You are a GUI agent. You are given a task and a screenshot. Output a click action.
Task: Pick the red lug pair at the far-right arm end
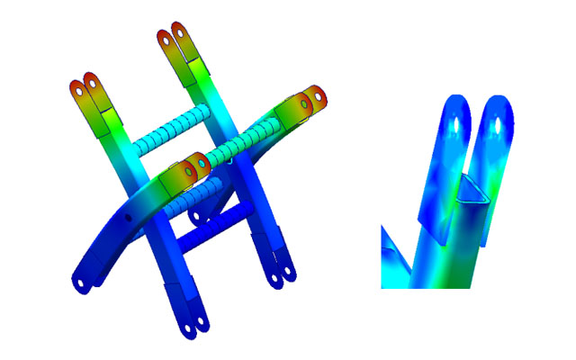pos(311,97)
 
